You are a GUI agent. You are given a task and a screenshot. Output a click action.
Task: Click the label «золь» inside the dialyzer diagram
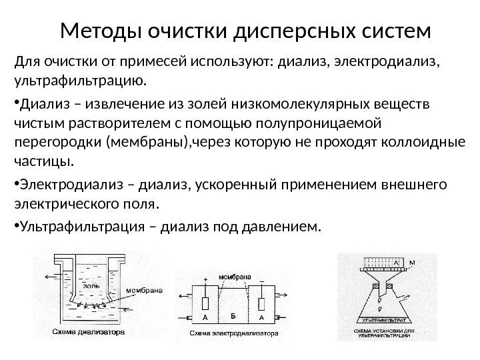(x=91, y=285)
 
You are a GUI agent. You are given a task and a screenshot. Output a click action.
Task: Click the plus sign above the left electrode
(x=205, y=279)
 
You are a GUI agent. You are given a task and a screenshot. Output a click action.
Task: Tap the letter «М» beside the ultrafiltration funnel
(x=411, y=262)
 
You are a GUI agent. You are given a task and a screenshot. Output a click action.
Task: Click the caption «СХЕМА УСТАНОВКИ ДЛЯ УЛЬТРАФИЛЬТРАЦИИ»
(x=383, y=333)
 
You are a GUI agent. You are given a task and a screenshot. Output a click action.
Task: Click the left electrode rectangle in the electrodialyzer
(x=206, y=303)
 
